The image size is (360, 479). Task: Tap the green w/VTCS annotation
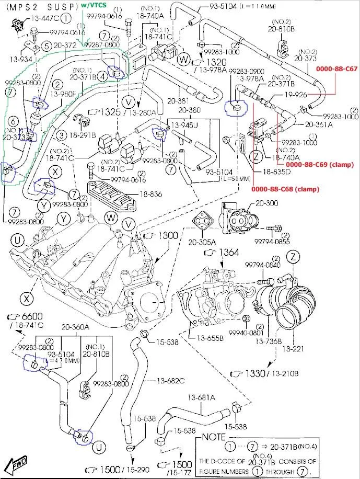pos(95,5)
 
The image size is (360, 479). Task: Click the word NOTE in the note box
pos(215,436)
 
